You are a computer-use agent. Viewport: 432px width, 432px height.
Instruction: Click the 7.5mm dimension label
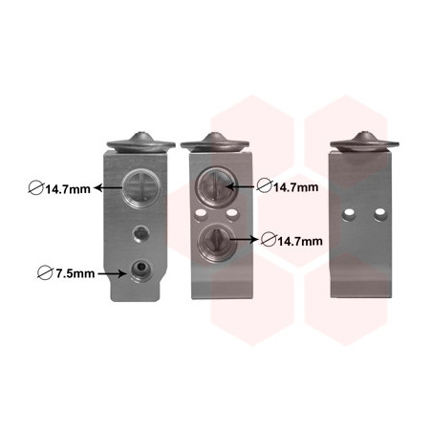[76, 273]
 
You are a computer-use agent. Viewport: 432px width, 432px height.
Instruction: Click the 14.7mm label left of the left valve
[68, 189]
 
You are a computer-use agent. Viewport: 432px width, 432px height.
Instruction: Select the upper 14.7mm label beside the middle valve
[296, 187]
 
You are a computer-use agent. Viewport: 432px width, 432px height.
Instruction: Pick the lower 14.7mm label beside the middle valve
[300, 241]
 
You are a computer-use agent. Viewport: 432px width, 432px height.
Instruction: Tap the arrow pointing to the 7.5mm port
[112, 273]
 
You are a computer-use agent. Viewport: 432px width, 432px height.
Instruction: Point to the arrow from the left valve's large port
[109, 187]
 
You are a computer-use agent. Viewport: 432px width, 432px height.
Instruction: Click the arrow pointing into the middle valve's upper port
[241, 186]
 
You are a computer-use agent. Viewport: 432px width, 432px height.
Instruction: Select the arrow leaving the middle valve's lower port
[244, 239]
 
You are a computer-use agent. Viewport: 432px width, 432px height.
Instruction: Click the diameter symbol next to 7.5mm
[45, 273]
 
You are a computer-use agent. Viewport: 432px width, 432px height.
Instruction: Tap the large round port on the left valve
[141, 188]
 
